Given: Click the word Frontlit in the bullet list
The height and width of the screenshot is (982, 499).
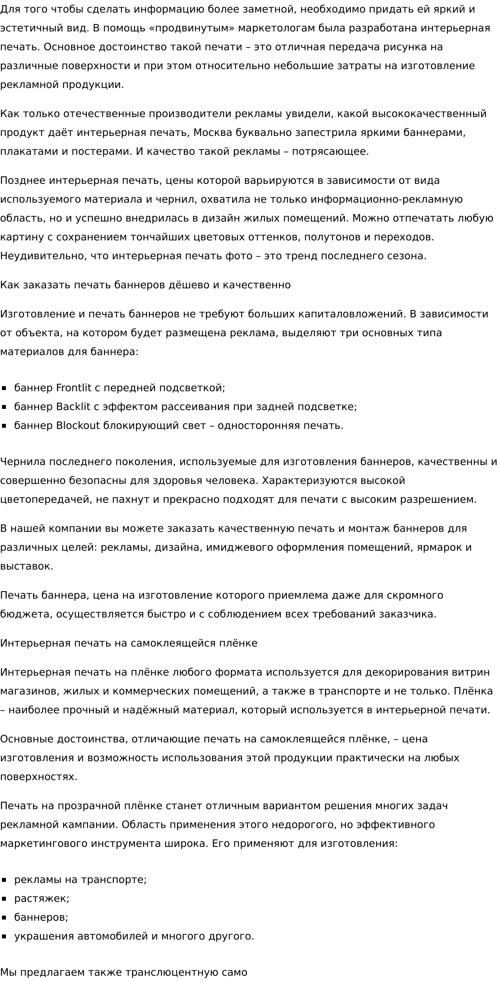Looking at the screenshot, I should coord(74,388).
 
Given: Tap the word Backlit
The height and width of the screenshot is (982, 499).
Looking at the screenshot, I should coord(73,407).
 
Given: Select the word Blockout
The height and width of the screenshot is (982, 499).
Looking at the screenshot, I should coord(78,426).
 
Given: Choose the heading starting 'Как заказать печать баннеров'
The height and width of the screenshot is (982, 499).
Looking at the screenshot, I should coord(145,285).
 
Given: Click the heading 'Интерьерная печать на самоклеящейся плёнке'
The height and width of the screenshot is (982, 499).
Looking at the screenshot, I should coord(128,643).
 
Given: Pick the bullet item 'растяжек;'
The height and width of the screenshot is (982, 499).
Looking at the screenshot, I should coord(42,899).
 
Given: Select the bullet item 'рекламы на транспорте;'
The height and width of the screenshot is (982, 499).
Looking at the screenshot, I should coord(80,880).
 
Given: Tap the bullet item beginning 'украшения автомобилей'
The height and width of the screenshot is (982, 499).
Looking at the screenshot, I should coord(134,936).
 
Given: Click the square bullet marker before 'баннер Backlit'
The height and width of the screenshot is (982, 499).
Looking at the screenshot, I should coord(4,407).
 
